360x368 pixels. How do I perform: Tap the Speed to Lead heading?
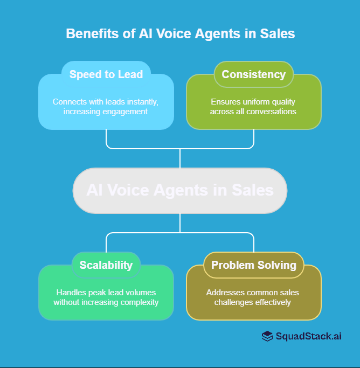(106, 74)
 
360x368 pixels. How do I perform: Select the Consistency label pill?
(253, 74)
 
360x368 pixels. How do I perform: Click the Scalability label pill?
(106, 265)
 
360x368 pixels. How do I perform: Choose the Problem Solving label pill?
(253, 265)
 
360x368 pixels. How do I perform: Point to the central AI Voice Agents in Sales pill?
(180, 190)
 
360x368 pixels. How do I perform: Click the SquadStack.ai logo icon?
(267, 336)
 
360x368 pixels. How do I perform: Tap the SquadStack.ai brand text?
(309, 336)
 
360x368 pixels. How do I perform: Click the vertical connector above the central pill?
(180, 158)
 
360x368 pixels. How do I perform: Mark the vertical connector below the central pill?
(180, 223)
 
